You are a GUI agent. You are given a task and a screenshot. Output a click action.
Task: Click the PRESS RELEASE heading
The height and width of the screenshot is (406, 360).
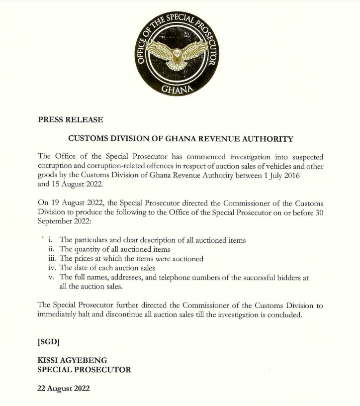point(70,120)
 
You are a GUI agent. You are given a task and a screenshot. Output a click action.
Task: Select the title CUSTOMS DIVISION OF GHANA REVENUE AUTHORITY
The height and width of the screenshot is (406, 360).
point(180,139)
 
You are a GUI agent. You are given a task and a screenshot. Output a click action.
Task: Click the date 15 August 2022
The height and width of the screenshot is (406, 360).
point(69,184)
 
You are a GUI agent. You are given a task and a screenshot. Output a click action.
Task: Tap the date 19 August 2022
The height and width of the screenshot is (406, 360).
point(75,203)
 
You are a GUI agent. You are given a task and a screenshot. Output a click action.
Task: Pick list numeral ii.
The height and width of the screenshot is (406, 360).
point(50,250)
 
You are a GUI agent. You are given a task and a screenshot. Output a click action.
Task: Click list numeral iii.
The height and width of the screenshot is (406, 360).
point(50,259)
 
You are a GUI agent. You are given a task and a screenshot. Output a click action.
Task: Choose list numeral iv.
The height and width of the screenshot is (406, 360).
point(50,268)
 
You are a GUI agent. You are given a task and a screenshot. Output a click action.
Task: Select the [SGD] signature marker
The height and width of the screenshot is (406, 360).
point(49,342)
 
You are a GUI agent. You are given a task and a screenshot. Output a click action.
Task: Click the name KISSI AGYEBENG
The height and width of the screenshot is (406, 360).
point(72,360)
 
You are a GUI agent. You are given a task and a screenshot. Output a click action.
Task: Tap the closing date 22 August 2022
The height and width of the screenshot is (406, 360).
point(64,388)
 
